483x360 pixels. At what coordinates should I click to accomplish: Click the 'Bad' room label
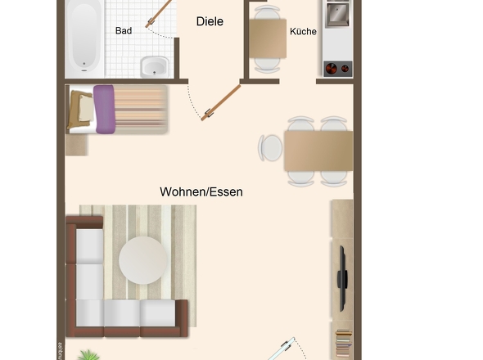click(124, 31)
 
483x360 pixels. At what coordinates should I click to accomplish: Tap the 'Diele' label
click(210, 22)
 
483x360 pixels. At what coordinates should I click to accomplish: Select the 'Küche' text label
click(303, 31)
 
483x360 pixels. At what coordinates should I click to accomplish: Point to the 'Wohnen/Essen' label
click(201, 191)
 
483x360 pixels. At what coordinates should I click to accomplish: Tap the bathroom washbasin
click(153, 65)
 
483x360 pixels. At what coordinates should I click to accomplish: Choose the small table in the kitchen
click(267, 37)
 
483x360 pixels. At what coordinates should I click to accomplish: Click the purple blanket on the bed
click(104, 109)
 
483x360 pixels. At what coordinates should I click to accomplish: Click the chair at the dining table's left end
click(269, 149)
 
